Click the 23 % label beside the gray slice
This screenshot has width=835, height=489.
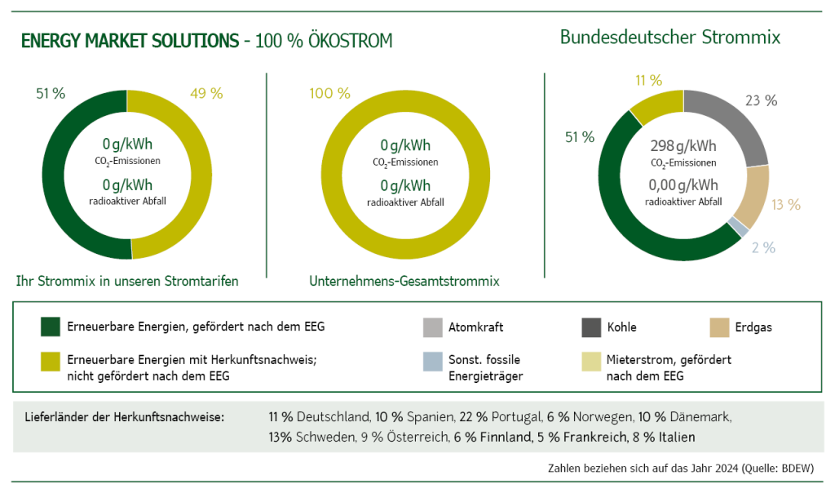point(761,100)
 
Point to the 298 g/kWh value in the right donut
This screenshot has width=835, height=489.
point(683,146)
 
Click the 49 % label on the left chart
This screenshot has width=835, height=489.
point(205,93)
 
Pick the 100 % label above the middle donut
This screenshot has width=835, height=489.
point(329,93)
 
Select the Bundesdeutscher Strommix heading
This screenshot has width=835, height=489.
point(669,38)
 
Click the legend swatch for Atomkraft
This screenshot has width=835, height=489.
point(432,327)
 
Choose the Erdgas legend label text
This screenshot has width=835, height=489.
point(753,327)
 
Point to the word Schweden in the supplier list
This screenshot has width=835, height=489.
point(325,437)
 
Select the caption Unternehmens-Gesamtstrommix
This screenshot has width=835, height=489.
point(404,281)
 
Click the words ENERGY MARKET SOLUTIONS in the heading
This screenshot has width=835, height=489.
point(130,41)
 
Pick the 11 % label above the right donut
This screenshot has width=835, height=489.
point(647,80)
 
